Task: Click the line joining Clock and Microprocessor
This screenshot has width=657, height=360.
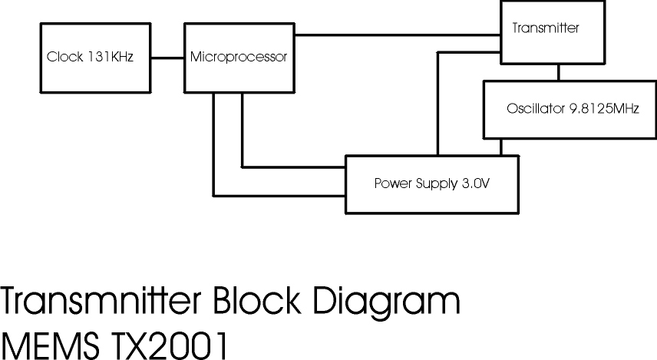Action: [168, 57]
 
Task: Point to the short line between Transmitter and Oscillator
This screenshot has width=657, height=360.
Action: [558, 73]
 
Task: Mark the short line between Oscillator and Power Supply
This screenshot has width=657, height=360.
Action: [502, 147]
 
